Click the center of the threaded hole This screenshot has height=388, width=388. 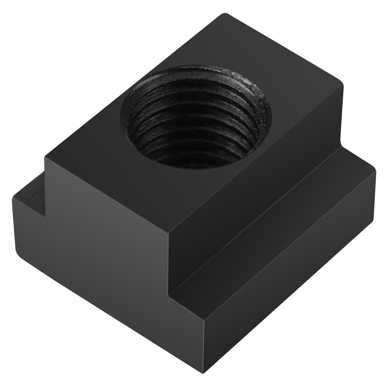[196, 116]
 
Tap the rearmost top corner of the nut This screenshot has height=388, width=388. [224, 15]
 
